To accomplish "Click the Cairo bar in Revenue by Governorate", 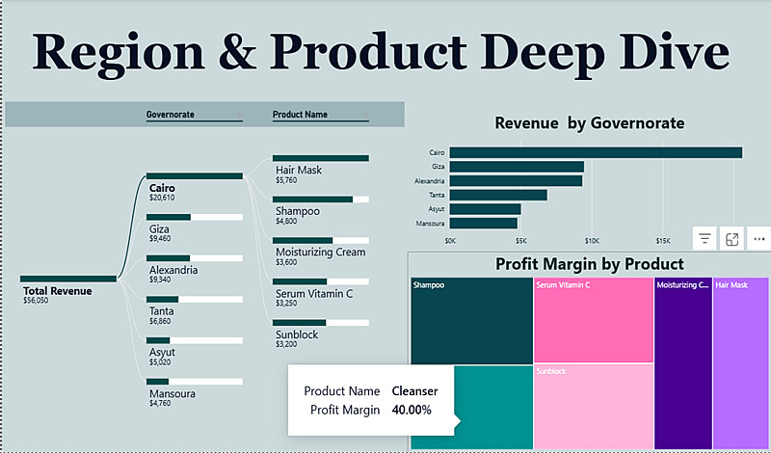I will [596, 152].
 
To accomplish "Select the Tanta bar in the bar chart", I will [498, 195].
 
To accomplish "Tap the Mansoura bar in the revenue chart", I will [484, 223].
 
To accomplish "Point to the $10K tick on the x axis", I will [592, 241].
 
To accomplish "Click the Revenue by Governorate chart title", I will [589, 123].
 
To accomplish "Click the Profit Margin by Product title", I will [589, 264].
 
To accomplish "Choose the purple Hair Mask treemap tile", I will [740, 361].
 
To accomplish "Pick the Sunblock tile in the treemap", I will [593, 406].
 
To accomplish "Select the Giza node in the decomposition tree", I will [160, 230].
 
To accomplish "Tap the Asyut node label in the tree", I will [162, 353].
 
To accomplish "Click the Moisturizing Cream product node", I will [320, 253].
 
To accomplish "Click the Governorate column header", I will [171, 115].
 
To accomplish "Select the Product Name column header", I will [300, 115].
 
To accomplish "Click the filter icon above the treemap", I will [705, 239].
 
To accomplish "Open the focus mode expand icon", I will [731, 239].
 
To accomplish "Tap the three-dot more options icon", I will [759, 239].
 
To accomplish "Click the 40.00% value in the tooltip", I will [412, 411].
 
